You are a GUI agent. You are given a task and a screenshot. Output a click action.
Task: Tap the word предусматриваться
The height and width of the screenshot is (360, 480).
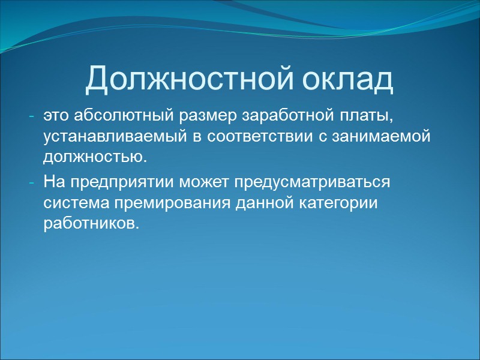(x=313, y=182)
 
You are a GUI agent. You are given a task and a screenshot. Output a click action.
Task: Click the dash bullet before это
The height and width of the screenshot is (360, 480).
(x=32, y=115)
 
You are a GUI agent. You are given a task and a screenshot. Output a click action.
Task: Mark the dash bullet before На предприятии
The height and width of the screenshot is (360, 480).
(x=32, y=182)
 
